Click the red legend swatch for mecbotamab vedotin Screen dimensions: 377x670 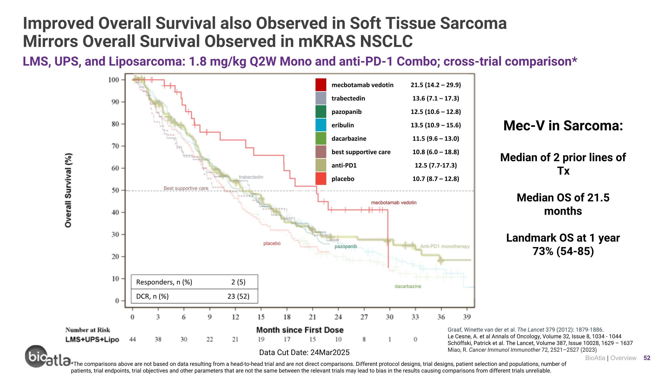tap(321, 85)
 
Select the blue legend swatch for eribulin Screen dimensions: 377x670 tap(321, 125)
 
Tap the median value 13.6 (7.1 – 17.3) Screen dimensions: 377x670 tap(436, 98)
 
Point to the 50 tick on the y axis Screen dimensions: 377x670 tap(115, 190)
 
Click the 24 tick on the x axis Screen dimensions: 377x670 tap(338, 317)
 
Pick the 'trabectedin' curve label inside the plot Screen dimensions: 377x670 tap(251, 177)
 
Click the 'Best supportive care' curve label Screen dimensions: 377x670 tap(186, 188)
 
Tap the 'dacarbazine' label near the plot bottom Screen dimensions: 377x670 tap(408, 286)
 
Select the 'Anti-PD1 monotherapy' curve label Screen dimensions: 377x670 tap(445, 246)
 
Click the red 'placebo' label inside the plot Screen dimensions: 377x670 tap(272, 244)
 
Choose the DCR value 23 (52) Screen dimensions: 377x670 tap(238, 296)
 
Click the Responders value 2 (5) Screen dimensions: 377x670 tap(238, 282)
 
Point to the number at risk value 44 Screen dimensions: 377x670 tap(132, 339)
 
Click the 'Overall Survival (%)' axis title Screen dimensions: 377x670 tap(68, 190)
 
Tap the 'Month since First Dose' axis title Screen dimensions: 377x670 tap(300, 330)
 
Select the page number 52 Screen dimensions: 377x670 tap(647, 358)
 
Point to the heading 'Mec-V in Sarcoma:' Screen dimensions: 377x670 tap(563, 126)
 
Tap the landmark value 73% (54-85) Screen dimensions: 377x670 tap(563, 251)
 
